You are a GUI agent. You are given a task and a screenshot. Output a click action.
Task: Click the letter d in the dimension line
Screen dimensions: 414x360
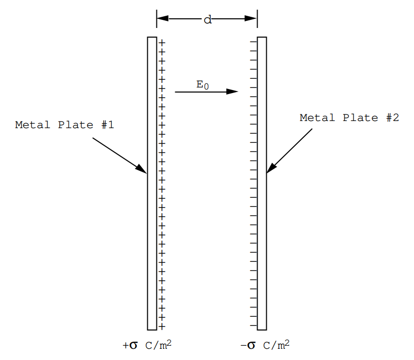pos(208,19)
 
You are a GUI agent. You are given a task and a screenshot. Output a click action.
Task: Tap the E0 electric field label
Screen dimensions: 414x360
pos(203,85)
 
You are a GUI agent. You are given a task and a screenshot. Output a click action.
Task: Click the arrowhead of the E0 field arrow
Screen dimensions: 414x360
pos(232,92)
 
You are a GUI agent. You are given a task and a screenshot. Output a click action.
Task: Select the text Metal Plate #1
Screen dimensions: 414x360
pos(65,125)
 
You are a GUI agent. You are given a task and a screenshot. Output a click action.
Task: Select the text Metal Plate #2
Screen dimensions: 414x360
pos(349,117)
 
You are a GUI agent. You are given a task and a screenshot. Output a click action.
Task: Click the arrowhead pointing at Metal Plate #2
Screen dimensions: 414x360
pos(271,168)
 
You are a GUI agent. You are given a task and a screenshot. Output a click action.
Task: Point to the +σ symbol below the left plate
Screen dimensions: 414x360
pos(130,345)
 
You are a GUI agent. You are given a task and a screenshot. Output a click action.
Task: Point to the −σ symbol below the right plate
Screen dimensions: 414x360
pos(248,345)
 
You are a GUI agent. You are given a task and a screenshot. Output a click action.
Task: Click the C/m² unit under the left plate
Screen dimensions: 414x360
pos(158,345)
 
